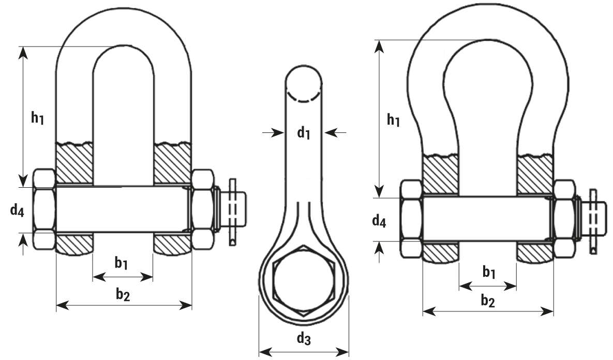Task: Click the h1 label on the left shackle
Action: (38, 117)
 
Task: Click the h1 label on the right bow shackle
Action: (393, 119)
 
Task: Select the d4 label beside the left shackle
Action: (17, 211)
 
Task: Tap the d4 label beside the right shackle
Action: (379, 221)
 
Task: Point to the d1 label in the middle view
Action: (304, 133)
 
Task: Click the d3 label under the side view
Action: (304, 338)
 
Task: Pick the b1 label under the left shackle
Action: (121, 263)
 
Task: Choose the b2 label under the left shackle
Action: (123, 294)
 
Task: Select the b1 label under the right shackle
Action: (489, 272)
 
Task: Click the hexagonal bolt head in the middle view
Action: (304, 281)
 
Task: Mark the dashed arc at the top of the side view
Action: (303, 98)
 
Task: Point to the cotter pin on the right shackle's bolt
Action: (593, 221)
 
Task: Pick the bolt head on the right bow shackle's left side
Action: (411, 218)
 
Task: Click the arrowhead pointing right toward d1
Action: (278, 133)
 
